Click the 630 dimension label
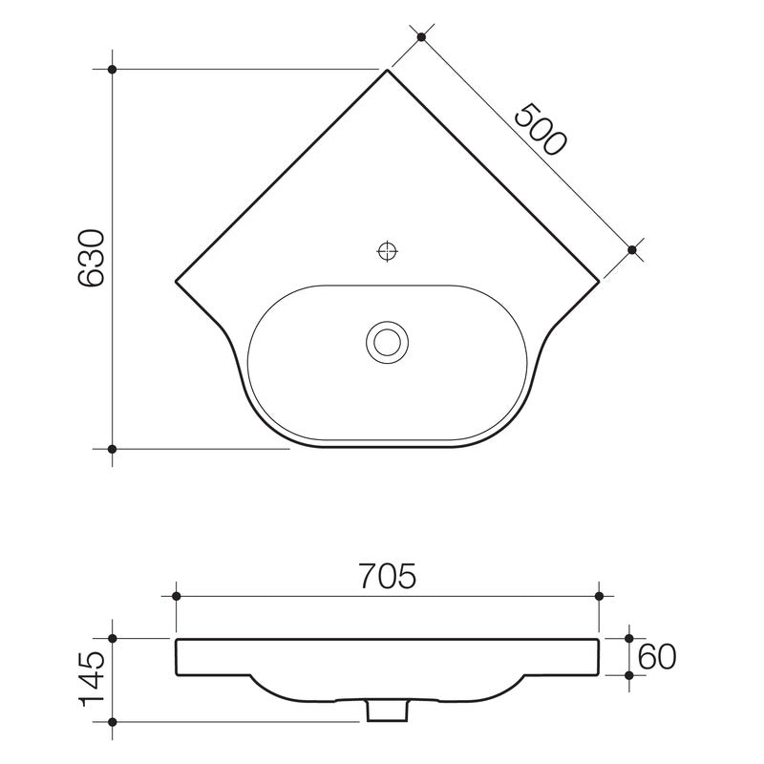[x=92, y=258]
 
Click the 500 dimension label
[x=541, y=128]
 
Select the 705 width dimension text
[x=387, y=577]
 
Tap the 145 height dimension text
[x=93, y=679]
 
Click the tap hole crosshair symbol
[x=388, y=251]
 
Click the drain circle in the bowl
[x=388, y=341]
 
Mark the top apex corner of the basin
[x=388, y=70]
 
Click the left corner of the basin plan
[x=176, y=281]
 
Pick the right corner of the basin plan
[x=600, y=281]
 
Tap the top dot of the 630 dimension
[x=113, y=70]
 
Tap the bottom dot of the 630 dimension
[x=113, y=448]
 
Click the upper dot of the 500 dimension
[x=421, y=37]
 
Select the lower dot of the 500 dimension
[x=632, y=249]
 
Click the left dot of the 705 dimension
[x=176, y=596]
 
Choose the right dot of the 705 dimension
[x=599, y=596]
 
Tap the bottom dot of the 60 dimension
[x=629, y=674]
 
